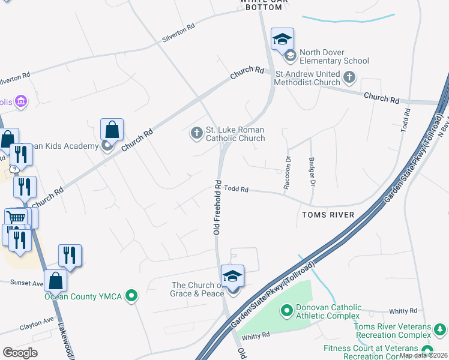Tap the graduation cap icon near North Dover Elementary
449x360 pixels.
(282, 40)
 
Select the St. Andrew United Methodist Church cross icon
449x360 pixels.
(349, 77)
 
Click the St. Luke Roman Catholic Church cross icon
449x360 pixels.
(197, 133)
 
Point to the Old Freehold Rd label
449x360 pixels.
(218, 207)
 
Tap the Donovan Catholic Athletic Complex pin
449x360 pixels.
(286, 311)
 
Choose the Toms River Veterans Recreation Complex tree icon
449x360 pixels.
(440, 329)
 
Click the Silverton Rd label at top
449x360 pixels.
(179, 34)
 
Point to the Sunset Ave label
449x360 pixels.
(26, 283)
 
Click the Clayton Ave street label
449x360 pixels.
(37, 325)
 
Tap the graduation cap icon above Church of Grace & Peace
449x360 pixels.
(232, 277)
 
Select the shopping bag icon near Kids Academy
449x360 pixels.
(112, 129)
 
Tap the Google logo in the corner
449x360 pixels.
(20, 353)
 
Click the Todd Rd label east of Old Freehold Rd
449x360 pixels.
(237, 188)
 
